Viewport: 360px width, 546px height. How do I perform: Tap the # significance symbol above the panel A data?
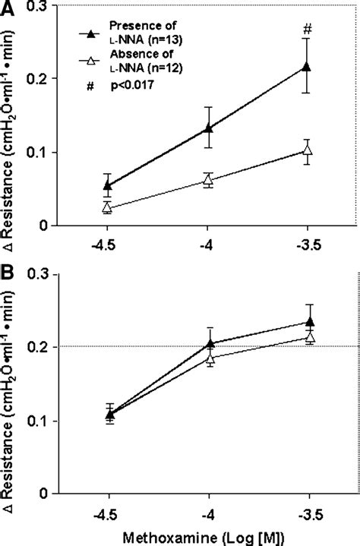tap(307, 30)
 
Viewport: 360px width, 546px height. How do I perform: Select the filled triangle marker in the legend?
tap(91, 33)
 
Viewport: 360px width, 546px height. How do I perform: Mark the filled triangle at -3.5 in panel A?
tap(307, 66)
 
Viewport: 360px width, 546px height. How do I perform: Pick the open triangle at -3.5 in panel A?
tap(307, 150)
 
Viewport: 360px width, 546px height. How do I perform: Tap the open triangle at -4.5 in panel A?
tap(108, 207)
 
